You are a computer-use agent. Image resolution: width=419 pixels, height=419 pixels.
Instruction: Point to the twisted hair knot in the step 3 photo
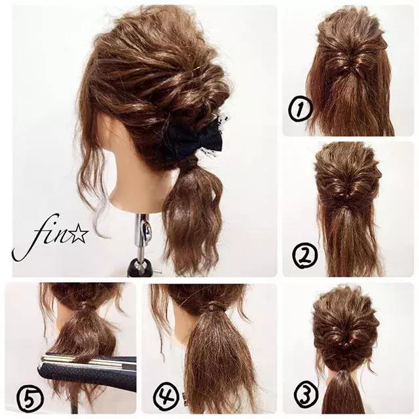pyautogui.click(x=345, y=342)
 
